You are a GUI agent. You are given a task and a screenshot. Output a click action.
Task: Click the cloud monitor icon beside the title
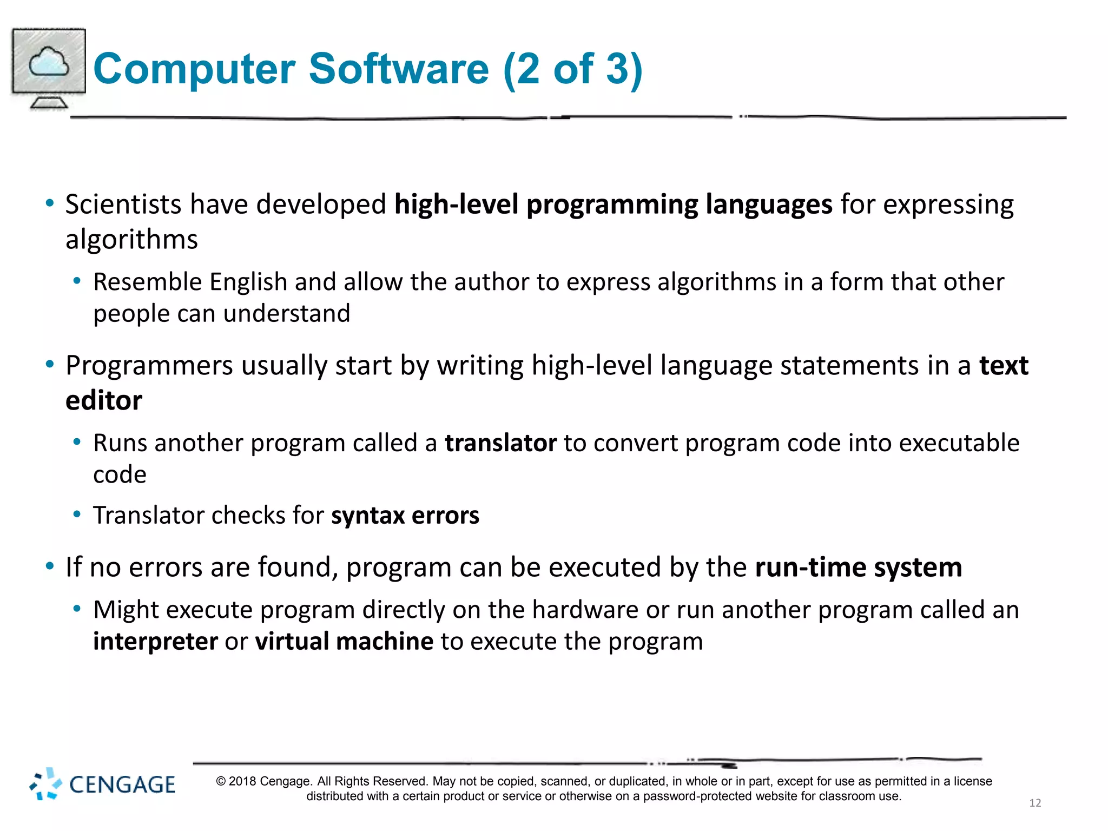click(x=49, y=68)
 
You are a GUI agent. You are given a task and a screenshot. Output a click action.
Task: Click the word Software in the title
click(x=399, y=69)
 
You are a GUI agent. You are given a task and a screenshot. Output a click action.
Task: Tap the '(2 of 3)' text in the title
click(x=572, y=69)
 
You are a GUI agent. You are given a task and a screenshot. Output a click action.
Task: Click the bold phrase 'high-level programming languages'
click(x=613, y=205)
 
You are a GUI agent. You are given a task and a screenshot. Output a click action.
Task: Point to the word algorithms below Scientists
click(x=131, y=240)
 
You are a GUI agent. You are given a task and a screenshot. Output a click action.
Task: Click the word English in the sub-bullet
click(x=248, y=282)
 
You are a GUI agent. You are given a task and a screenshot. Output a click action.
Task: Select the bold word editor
click(x=104, y=401)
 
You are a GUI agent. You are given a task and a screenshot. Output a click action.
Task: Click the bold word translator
click(x=500, y=444)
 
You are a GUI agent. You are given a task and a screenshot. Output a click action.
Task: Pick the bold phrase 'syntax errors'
click(x=405, y=516)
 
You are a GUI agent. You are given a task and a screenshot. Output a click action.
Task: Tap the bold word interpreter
click(x=155, y=642)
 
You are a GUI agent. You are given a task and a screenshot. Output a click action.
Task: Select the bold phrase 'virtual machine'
click(x=344, y=642)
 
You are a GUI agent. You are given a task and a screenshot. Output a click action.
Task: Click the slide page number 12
click(x=1035, y=803)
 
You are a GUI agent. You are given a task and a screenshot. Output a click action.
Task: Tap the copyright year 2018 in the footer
click(x=242, y=782)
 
